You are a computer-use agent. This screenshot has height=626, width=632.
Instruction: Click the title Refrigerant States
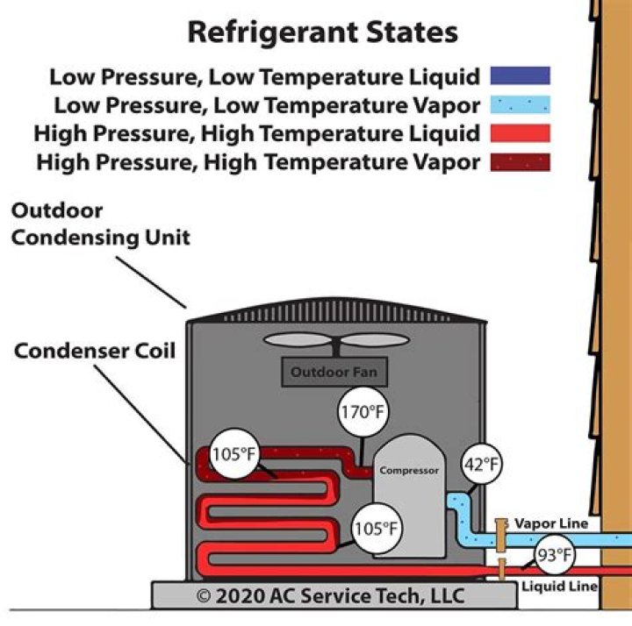[322, 32]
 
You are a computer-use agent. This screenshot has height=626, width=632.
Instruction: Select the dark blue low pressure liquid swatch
[521, 76]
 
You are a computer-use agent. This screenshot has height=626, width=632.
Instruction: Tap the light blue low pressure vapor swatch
[521, 105]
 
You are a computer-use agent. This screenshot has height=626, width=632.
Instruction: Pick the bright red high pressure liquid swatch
[521, 133]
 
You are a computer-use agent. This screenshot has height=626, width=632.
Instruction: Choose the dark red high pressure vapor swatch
[521, 162]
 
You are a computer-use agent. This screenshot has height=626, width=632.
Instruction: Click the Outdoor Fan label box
[334, 372]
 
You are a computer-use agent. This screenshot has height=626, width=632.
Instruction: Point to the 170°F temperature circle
[363, 413]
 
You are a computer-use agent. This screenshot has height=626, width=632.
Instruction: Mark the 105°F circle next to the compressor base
[376, 530]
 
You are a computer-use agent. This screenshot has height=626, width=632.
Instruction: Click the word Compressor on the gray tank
[408, 471]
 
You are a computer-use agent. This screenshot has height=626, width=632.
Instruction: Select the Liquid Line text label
[560, 586]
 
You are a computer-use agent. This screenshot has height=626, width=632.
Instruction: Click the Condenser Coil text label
[95, 352]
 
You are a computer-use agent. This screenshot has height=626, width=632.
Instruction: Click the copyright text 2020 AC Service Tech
[330, 597]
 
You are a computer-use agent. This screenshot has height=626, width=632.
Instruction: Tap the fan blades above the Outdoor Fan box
[333, 341]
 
